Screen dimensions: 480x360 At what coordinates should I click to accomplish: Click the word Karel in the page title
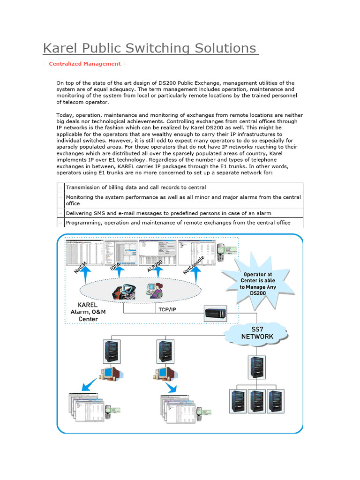click(x=60, y=48)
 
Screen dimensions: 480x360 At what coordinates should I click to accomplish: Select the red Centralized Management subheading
click(x=85, y=64)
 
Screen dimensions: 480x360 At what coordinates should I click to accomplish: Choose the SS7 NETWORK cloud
click(x=257, y=333)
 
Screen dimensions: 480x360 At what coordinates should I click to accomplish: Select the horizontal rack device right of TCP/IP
click(x=217, y=314)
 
